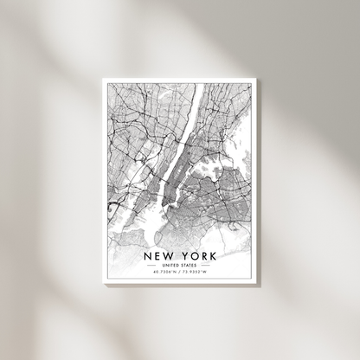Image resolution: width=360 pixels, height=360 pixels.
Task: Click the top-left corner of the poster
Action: pyautogui.click(x=103, y=79)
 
